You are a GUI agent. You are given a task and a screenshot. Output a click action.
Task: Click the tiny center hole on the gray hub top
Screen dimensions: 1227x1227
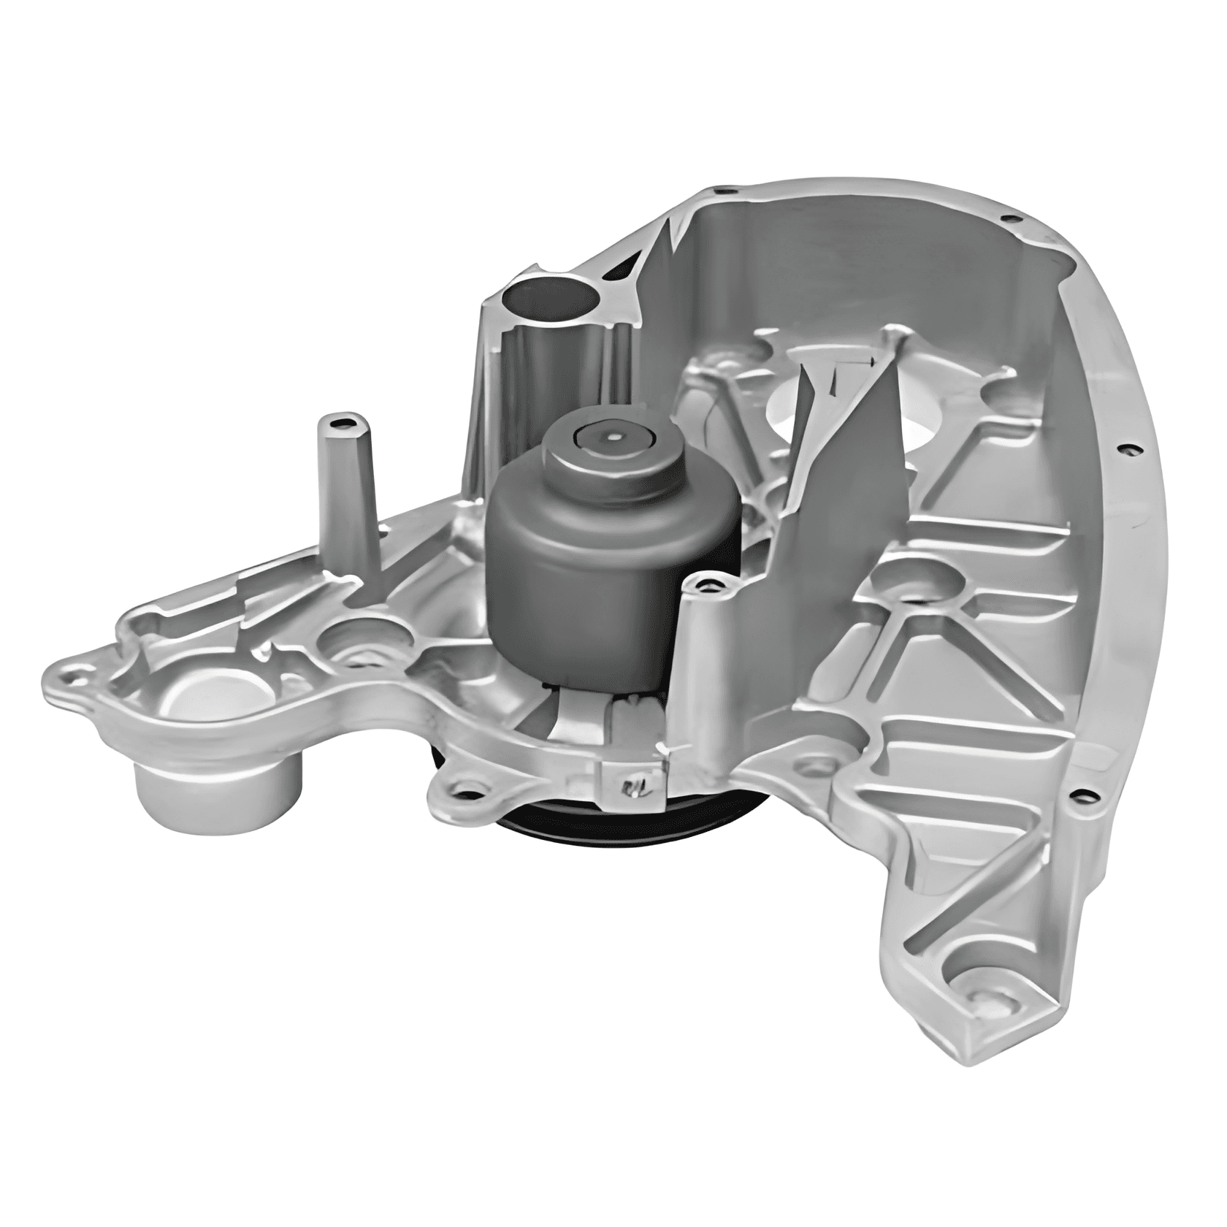(612, 438)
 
